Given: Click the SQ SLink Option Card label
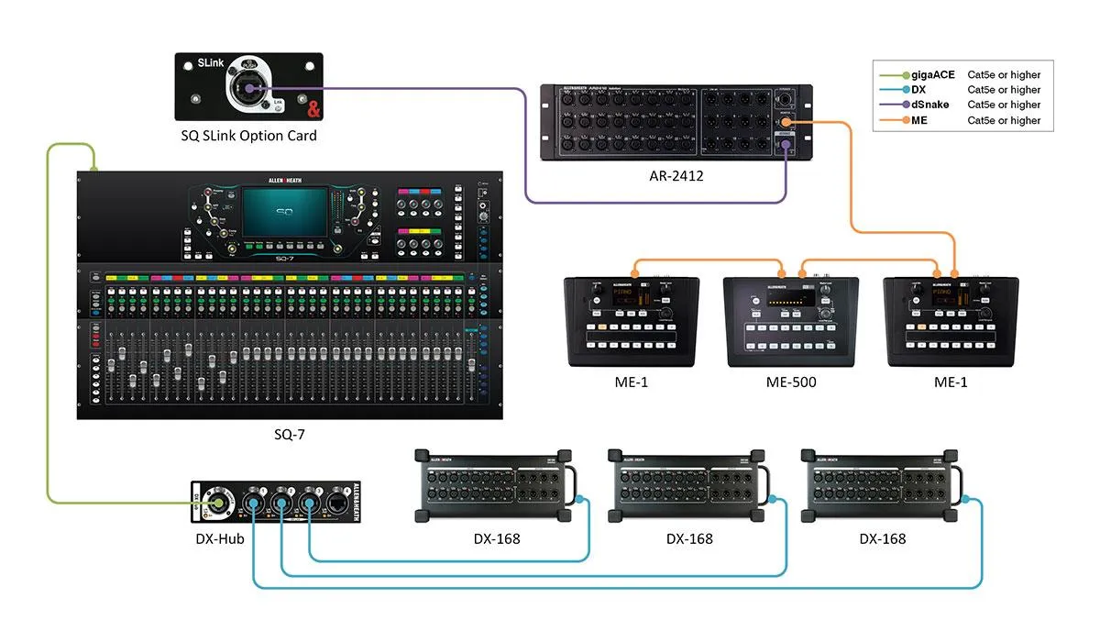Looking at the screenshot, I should [248, 136].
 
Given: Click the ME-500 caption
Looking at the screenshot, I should [790, 382].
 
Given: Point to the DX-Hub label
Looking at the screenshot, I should [219, 538].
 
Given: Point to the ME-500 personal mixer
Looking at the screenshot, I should [790, 322].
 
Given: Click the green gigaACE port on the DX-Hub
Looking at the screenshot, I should [218, 502].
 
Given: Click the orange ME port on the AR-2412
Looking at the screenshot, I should [786, 121].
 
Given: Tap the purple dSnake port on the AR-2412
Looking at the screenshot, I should [786, 143].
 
